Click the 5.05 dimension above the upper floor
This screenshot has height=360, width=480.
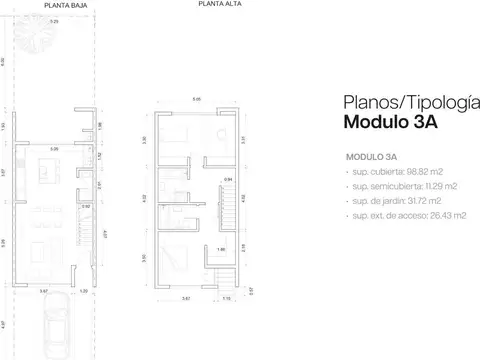(197, 98)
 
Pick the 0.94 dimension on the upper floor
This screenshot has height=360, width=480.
(228, 179)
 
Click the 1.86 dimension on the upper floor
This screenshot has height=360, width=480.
(222, 249)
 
